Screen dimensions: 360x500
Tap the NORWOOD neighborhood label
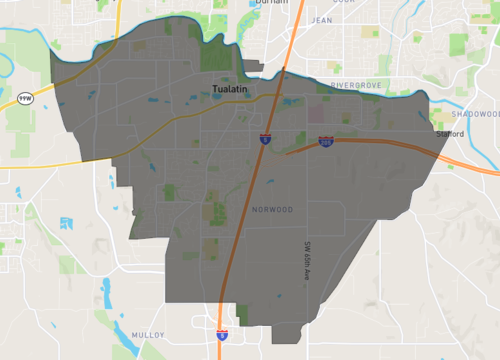[x=273, y=210]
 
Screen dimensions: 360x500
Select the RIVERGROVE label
[x=357, y=86]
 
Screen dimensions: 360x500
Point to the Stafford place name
[x=450, y=132]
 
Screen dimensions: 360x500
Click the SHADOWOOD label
[x=474, y=87]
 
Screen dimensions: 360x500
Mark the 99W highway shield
[x=24, y=98]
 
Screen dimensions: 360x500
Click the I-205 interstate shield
[x=326, y=143]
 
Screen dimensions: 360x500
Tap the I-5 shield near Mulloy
[x=220, y=335]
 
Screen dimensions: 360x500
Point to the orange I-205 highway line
[x=380, y=142]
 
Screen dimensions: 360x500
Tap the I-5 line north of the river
[x=289, y=40]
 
